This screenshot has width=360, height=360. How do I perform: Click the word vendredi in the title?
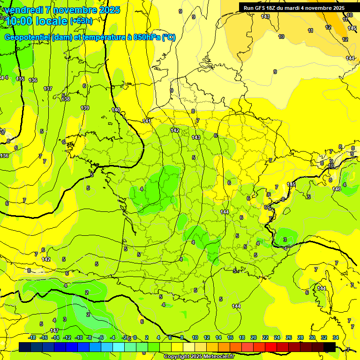coord(23,10)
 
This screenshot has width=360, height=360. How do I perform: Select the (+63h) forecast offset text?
coord(81,21)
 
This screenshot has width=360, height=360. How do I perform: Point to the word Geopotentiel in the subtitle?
coord(27,37)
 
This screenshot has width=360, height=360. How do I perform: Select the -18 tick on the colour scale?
coord(32,337)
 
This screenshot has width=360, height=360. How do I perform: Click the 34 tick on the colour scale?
coord(336,337)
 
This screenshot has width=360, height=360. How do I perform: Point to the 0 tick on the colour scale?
coord(135,337)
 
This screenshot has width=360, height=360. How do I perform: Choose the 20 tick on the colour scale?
coord(254,337)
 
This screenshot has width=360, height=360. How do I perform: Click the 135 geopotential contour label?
coord(20,79)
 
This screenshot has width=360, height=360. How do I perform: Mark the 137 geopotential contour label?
coord(48,89)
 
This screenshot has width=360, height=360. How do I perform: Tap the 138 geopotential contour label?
coord(66,99)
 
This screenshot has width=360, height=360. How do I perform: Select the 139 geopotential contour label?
coord(85,108)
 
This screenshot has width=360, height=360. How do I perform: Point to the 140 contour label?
coord(116,110)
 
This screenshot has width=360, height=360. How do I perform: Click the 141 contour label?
coord(147,121)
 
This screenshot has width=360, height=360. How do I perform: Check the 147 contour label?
coord(54,330)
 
